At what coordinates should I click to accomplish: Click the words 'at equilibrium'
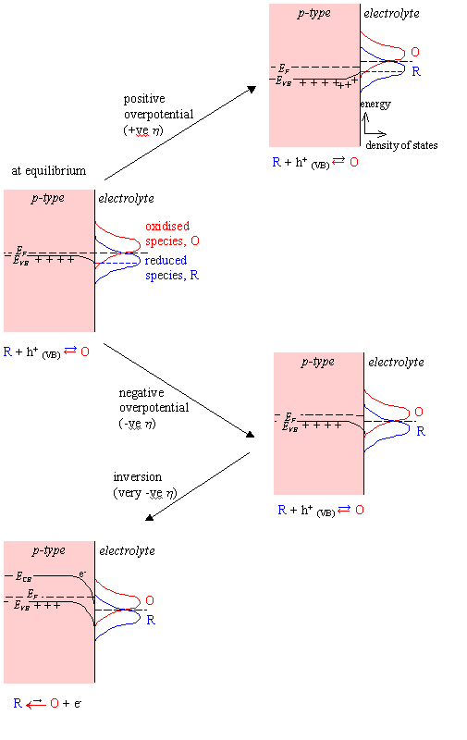click(x=49, y=171)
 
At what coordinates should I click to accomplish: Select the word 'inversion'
click(x=137, y=477)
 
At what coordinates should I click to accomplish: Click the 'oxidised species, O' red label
click(x=172, y=234)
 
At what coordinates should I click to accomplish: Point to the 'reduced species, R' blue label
click(x=172, y=267)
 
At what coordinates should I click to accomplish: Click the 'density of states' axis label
click(x=401, y=145)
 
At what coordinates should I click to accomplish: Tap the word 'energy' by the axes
click(x=375, y=104)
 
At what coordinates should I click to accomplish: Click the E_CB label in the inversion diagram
click(x=24, y=576)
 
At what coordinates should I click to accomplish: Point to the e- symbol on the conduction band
click(x=82, y=573)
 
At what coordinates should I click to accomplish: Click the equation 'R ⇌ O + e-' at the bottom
click(x=47, y=703)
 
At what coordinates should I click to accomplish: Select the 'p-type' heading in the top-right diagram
click(x=314, y=13)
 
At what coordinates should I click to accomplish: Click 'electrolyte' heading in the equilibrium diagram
click(x=126, y=199)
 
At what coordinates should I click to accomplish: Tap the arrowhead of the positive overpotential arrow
click(x=252, y=89)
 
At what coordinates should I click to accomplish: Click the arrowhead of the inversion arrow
click(x=149, y=518)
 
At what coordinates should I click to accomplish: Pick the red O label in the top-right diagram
click(x=415, y=52)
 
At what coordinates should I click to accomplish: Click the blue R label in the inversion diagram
click(x=151, y=620)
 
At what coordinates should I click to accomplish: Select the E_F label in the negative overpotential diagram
click(x=290, y=417)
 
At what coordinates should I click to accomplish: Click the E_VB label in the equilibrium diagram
click(x=21, y=261)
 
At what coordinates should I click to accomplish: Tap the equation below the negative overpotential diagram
click(x=321, y=511)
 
